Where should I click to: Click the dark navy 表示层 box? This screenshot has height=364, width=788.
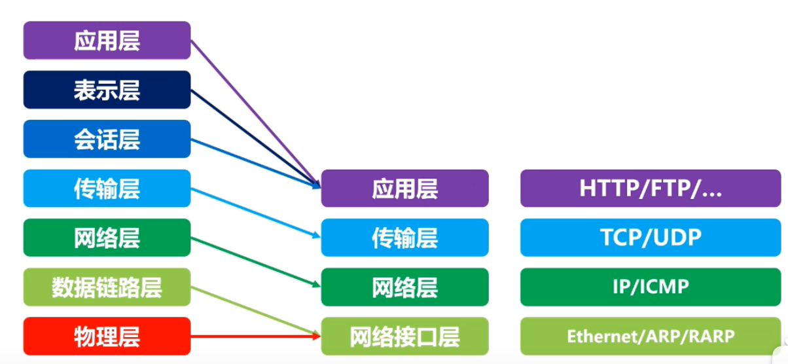(107, 90)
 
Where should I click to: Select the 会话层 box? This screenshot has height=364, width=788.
(107, 139)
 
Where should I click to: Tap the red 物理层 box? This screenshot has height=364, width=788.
(107, 337)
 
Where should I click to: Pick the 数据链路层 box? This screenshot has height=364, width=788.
(107, 287)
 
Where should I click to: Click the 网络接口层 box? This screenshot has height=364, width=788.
(405, 337)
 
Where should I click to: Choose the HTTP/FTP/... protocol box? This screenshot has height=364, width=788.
(651, 189)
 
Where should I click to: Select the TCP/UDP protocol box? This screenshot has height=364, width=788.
(651, 238)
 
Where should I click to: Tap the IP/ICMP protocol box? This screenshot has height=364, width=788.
(651, 287)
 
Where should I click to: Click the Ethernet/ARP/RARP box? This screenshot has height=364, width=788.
(651, 337)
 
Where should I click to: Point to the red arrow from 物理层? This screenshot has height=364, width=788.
(256, 337)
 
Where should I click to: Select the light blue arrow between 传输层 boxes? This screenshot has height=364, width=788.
(256, 213)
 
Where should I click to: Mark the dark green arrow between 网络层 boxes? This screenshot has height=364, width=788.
(256, 263)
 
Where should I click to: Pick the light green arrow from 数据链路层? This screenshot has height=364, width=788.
(256, 311)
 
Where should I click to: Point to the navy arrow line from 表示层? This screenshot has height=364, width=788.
(256, 138)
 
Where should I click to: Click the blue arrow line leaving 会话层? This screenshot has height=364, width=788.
(256, 163)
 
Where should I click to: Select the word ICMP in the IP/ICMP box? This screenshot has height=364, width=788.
(664, 286)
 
